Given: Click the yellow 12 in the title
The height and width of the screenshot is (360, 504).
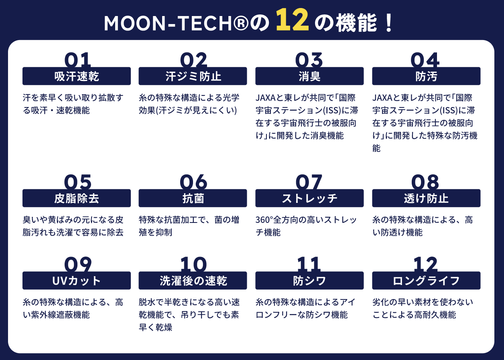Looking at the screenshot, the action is (x=293, y=20).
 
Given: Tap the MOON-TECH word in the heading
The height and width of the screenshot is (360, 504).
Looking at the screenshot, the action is (x=168, y=23).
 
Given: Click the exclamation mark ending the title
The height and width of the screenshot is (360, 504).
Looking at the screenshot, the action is (x=389, y=23).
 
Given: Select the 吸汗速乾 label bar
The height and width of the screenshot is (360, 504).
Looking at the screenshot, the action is (x=77, y=76).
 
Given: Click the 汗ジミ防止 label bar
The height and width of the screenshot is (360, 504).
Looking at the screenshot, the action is (x=193, y=76).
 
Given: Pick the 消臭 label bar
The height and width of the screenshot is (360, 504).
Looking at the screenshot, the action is (x=309, y=76).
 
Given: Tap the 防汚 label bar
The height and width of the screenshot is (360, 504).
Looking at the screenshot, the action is (x=426, y=76).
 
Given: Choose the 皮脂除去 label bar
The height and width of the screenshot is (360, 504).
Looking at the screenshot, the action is (x=77, y=198).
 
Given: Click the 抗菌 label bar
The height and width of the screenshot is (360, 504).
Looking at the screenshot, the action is (x=193, y=198).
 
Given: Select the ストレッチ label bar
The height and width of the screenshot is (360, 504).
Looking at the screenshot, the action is (x=309, y=198).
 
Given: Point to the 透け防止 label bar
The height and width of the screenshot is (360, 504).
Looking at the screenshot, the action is (x=426, y=198).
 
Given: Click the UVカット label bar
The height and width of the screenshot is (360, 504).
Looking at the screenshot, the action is (x=77, y=281).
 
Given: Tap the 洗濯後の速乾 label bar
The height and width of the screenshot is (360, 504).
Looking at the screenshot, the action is (x=193, y=281).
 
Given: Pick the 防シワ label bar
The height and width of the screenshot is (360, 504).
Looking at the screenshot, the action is (x=309, y=281).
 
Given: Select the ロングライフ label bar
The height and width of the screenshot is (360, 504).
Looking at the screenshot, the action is (x=426, y=281).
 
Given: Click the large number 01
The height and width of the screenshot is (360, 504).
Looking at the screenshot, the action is (x=77, y=60).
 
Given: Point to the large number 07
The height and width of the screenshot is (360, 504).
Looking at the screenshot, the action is (x=309, y=182).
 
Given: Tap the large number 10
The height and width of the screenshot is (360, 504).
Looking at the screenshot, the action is (x=193, y=264).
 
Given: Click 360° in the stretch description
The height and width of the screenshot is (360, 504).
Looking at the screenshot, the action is (x=264, y=220).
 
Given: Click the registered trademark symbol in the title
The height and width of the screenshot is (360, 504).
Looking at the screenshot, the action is (x=241, y=23).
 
